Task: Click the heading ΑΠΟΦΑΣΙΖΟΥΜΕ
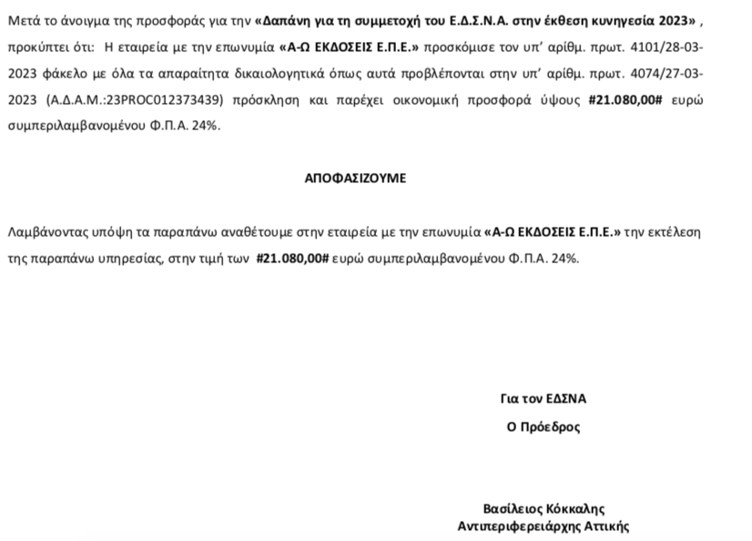[355, 179]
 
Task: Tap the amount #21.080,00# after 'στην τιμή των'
[292, 259]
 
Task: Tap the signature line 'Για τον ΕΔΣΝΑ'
[543, 399]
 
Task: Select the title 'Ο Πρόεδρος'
[543, 425]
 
